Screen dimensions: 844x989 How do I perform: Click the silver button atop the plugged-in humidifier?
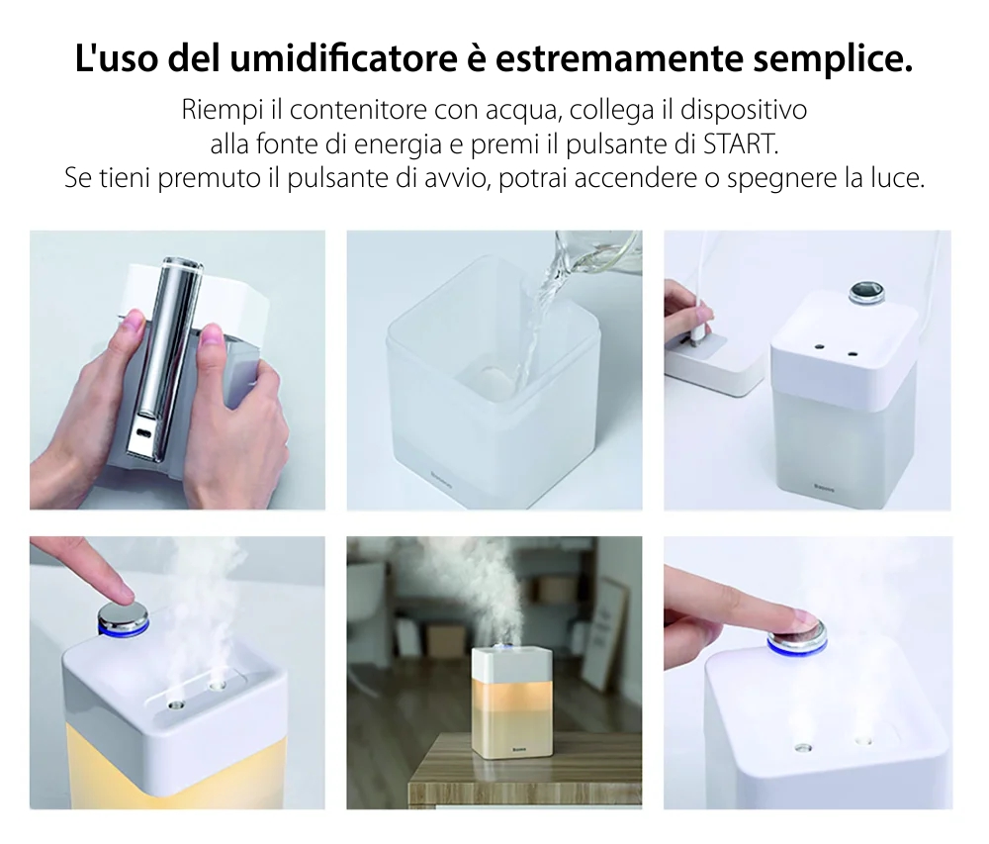click(863, 292)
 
